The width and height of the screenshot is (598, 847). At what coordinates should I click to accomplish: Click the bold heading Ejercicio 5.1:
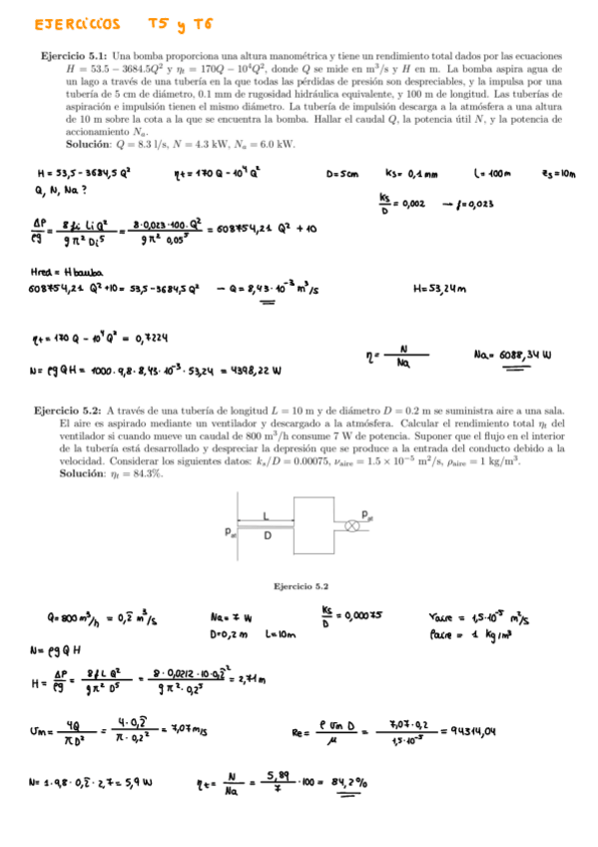75,55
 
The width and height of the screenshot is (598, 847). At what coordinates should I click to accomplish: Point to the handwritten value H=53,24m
439,290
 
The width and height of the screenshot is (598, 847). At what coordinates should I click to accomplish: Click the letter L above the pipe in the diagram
266,514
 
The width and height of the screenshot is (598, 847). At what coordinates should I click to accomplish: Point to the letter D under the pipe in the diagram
267,535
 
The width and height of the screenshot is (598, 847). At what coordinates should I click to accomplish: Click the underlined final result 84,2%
346,784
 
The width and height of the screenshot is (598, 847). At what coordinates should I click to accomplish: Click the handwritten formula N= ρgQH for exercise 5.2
60,651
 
